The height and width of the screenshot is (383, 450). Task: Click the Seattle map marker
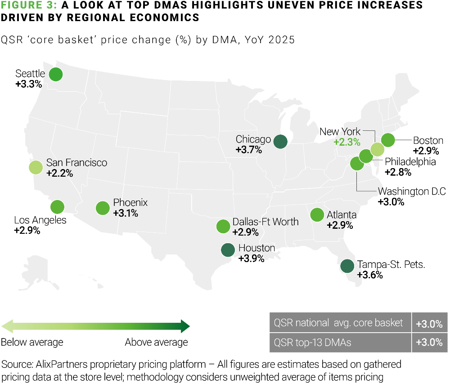pyautogui.click(x=55, y=74)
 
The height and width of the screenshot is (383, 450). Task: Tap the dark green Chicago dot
pyautogui.click(x=281, y=141)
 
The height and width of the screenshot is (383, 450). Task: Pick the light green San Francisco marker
pyautogui.click(x=36, y=167)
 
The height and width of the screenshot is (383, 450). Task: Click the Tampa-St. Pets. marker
pyautogui.click(x=347, y=266)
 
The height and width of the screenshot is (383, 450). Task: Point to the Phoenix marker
pyautogui.click(x=103, y=208)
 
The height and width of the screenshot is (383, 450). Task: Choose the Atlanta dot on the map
pyautogui.click(x=317, y=214)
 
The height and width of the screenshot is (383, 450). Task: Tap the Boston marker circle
pyautogui.click(x=388, y=140)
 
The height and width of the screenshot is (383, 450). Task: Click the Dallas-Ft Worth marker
pyautogui.click(x=223, y=226)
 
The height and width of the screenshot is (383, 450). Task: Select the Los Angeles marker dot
pyautogui.click(x=57, y=207)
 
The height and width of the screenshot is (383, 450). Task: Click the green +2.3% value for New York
pyautogui.click(x=347, y=143)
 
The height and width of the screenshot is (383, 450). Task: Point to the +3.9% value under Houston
pyautogui.click(x=251, y=258)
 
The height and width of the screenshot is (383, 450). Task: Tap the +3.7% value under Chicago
pyautogui.click(x=249, y=150)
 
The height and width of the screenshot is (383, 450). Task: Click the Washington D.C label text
pyautogui.click(x=412, y=191)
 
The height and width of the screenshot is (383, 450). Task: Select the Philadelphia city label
pyautogui.click(x=410, y=161)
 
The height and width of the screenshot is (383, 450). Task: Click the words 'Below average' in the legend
pyautogui.click(x=32, y=343)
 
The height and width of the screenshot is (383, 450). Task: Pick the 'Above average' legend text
pyautogui.click(x=156, y=343)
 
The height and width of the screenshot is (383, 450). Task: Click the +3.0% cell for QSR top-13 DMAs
pyautogui.click(x=429, y=343)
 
